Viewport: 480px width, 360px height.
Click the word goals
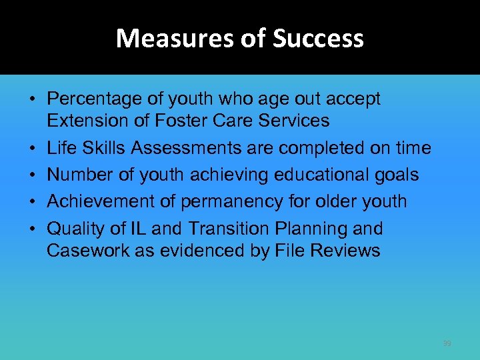pyautogui.click(x=395, y=175)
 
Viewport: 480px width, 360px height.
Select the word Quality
pyautogui.click(x=74, y=229)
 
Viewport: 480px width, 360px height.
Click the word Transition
pyautogui.click(x=228, y=229)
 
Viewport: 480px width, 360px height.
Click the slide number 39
pyautogui.click(x=447, y=343)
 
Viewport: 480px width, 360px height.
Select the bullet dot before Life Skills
pyautogui.click(x=32, y=149)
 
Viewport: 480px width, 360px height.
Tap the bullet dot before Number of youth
pyautogui.click(x=32, y=175)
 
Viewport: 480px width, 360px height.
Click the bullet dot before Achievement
pyautogui.click(x=32, y=202)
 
